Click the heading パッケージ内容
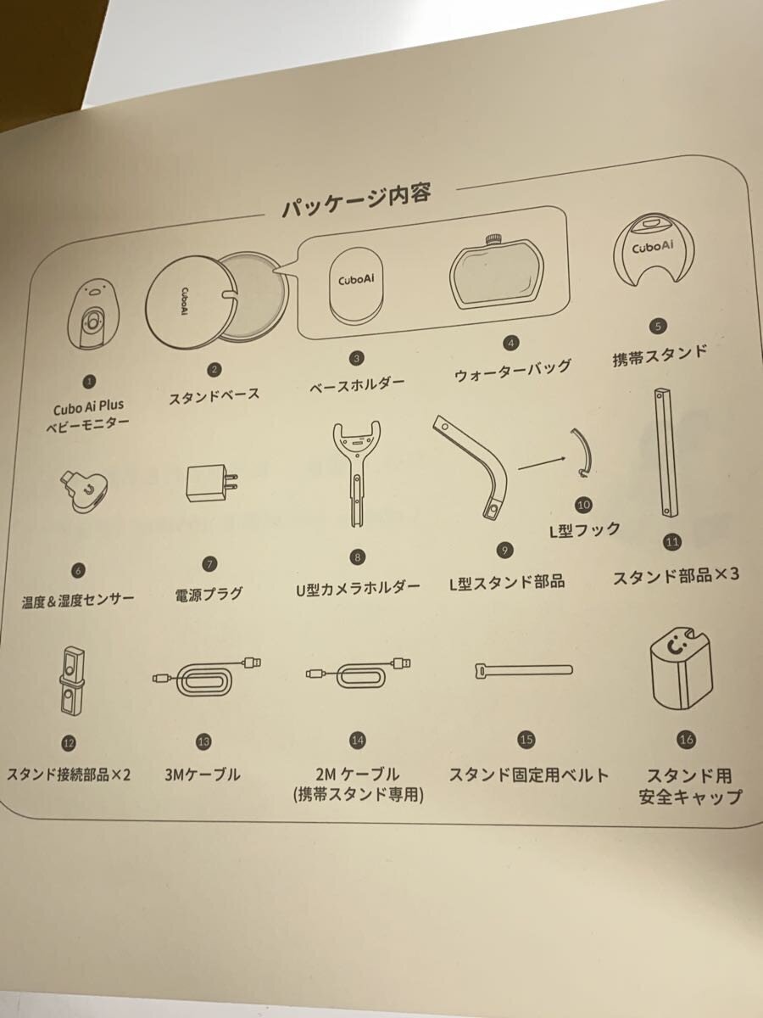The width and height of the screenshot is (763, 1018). tap(357, 200)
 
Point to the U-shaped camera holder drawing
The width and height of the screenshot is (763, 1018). tap(357, 473)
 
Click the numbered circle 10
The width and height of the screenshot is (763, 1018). tap(584, 505)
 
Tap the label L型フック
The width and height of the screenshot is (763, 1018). tap(585, 530)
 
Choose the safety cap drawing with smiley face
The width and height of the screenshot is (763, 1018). tap(682, 668)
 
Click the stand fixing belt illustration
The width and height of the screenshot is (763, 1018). tap(524, 671)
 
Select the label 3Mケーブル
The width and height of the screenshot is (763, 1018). tap(203, 775)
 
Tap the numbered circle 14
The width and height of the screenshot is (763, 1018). tap(357, 741)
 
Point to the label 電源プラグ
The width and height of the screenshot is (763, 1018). tap(209, 594)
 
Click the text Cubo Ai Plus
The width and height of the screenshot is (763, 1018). tap(88, 408)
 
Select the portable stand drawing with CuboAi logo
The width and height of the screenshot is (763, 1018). tap(654, 253)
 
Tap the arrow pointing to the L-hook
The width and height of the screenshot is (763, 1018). tap(542, 463)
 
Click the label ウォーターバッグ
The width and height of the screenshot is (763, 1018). tap(512, 371)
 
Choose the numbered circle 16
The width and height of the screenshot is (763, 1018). tap(687, 739)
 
